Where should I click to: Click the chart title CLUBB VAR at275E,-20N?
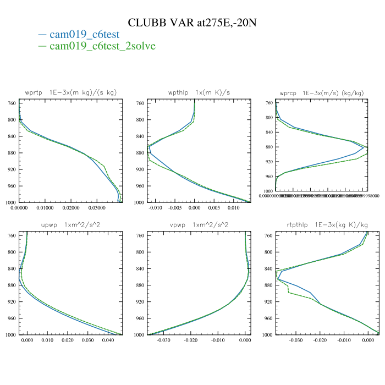point(193,23)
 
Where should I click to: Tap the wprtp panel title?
point(71,92)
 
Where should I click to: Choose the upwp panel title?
point(71,224)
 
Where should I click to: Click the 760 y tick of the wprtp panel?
point(11,103)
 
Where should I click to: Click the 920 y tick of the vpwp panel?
point(140,302)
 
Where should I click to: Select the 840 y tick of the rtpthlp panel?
point(268,269)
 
